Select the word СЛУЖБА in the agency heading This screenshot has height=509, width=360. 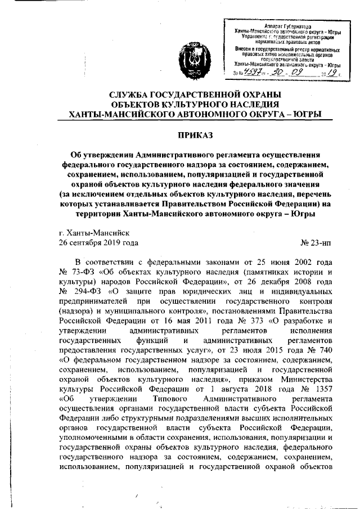pyautogui.click(x=133, y=94)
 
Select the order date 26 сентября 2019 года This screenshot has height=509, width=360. pyautogui.click(x=98, y=243)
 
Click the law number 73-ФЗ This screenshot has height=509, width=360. pyautogui.click(x=82, y=272)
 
